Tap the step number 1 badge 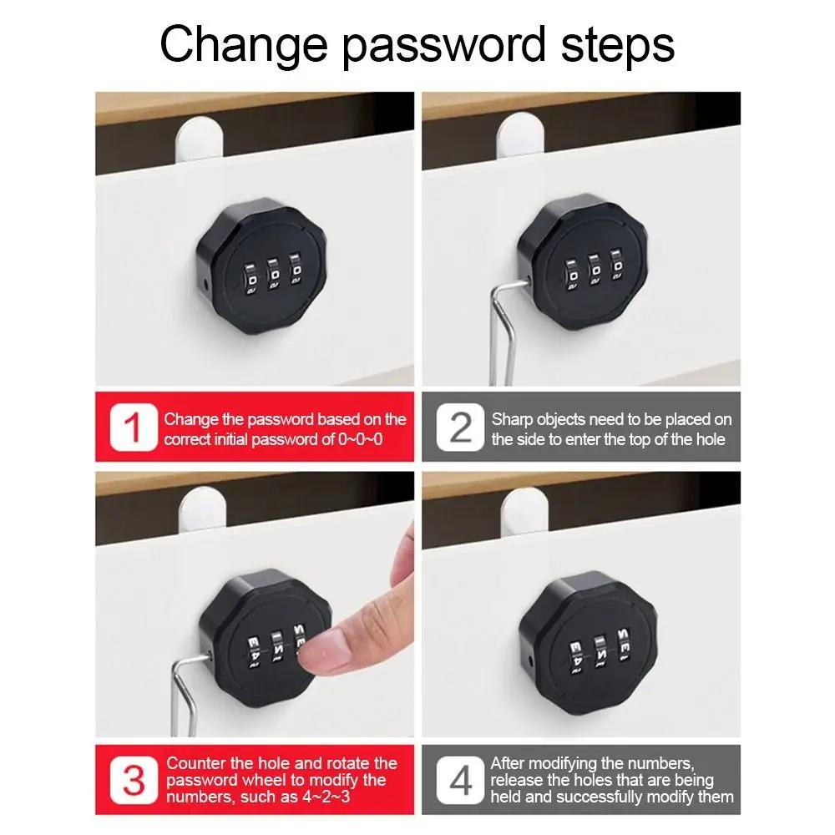[x=134, y=428]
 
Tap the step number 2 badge [x=460, y=428]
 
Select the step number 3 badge [x=134, y=782]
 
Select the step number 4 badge [x=460, y=782]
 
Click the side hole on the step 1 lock [x=206, y=286]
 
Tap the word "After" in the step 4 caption [x=509, y=762]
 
